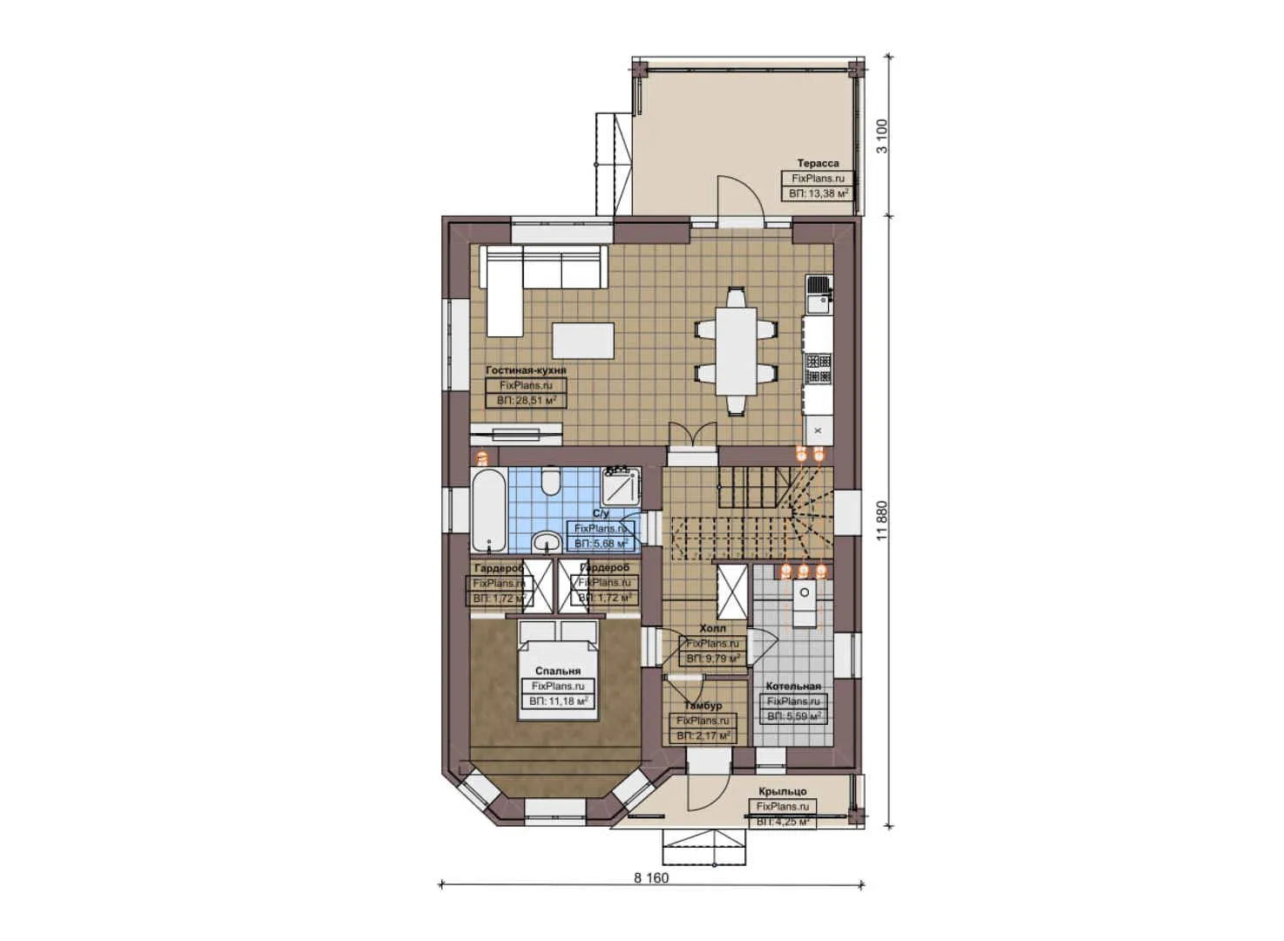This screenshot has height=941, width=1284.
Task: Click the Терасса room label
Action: pos(818,163)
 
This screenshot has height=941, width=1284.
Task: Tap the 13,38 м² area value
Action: pos(818,193)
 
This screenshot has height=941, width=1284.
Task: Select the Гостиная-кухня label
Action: pos(526,370)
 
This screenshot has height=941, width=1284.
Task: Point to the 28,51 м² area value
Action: pos(526,401)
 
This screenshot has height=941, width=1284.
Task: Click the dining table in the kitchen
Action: pos(736,351)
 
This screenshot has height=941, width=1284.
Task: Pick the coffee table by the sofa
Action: pos(582,338)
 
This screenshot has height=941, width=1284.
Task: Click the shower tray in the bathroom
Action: pos(622,484)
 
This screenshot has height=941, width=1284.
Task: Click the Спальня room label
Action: pos(558,671)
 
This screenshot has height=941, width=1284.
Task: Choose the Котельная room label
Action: pos(793,686)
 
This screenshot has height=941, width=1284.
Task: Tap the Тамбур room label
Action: pos(703,706)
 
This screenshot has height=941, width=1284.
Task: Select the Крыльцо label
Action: pos(782,791)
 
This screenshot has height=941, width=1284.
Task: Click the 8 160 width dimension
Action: pos(651,877)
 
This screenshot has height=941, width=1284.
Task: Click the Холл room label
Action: pos(712,628)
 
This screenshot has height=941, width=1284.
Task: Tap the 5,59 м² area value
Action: pos(793,716)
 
